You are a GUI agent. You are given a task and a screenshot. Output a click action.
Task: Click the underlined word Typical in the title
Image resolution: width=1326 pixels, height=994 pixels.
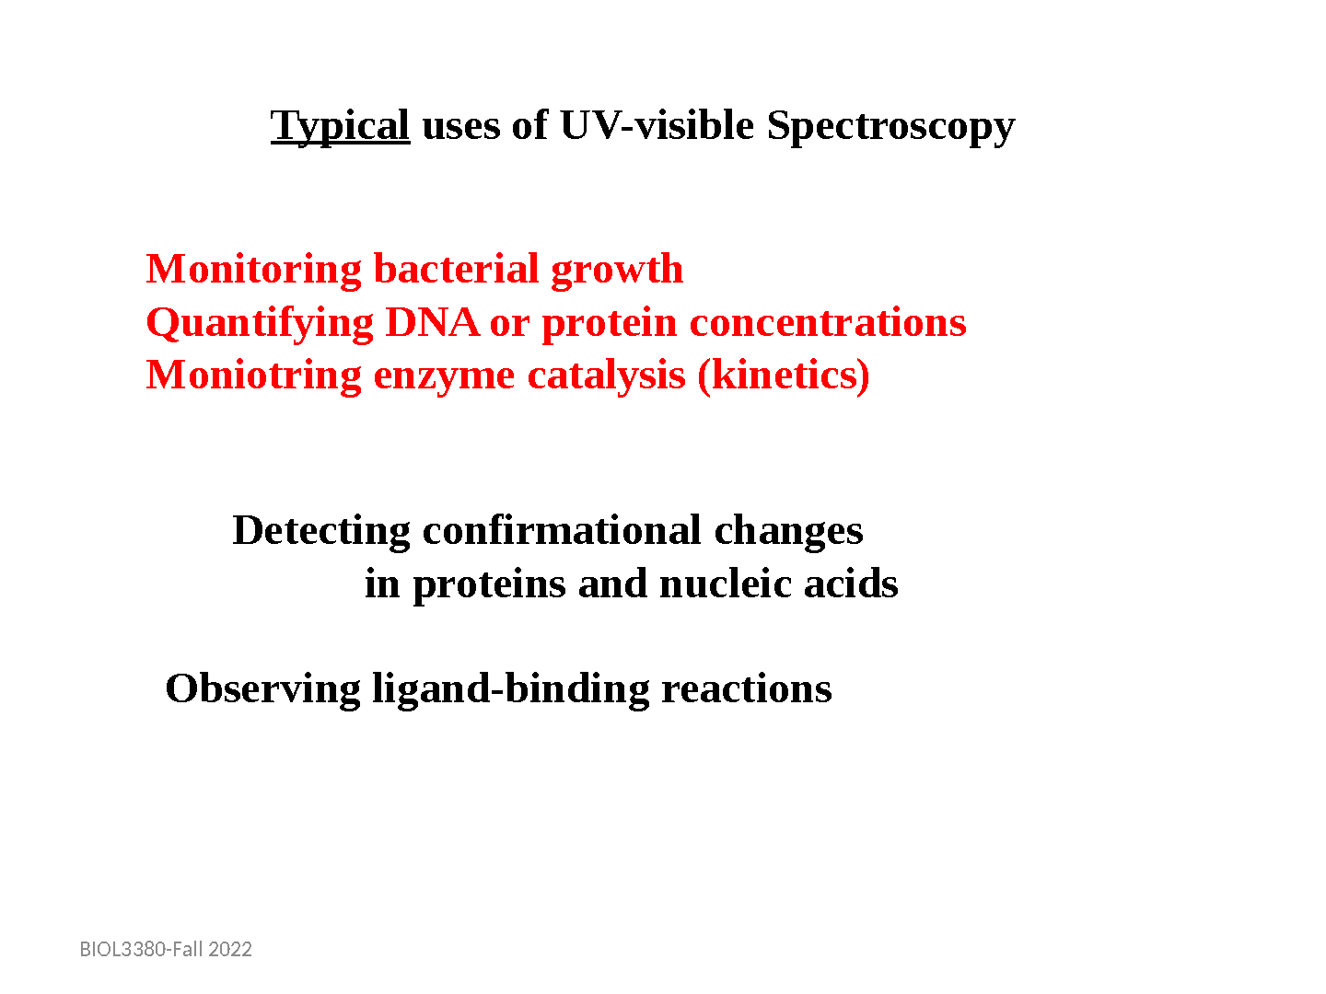[x=340, y=127]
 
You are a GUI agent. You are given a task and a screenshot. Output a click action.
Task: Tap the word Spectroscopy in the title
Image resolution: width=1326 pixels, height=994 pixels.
[x=890, y=127]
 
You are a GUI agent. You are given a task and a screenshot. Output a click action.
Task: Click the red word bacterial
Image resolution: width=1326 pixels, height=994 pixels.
[x=456, y=269]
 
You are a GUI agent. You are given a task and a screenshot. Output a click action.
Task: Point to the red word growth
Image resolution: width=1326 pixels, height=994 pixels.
[x=617, y=271]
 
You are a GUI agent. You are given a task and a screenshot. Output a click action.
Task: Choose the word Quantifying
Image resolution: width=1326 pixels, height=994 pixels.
[x=260, y=324]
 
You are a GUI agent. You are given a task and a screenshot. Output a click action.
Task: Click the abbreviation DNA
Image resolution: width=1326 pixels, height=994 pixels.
[x=432, y=322]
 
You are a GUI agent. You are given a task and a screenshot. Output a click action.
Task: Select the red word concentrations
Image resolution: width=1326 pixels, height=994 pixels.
[x=828, y=323]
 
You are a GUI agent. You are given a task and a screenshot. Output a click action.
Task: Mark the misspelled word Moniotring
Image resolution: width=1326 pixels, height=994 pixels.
[x=254, y=376]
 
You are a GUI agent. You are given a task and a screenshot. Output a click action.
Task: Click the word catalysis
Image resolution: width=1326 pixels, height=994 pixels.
[x=607, y=376]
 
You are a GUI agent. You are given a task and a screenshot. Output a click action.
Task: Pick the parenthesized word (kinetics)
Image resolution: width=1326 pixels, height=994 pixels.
[x=784, y=376]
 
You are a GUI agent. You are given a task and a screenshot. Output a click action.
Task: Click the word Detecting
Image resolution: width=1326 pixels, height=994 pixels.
[x=320, y=532]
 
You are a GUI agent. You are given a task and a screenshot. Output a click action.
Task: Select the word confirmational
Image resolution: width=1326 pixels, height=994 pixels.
[x=562, y=530]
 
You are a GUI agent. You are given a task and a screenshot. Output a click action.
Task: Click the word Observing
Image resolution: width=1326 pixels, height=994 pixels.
[x=262, y=690]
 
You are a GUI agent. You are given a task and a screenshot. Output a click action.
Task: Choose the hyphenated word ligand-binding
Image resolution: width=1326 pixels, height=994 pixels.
[x=510, y=690]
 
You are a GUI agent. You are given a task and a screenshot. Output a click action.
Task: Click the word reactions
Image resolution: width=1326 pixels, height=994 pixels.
[x=746, y=690]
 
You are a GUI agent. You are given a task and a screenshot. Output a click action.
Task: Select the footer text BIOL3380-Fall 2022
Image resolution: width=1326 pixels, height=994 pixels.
[x=166, y=949]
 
